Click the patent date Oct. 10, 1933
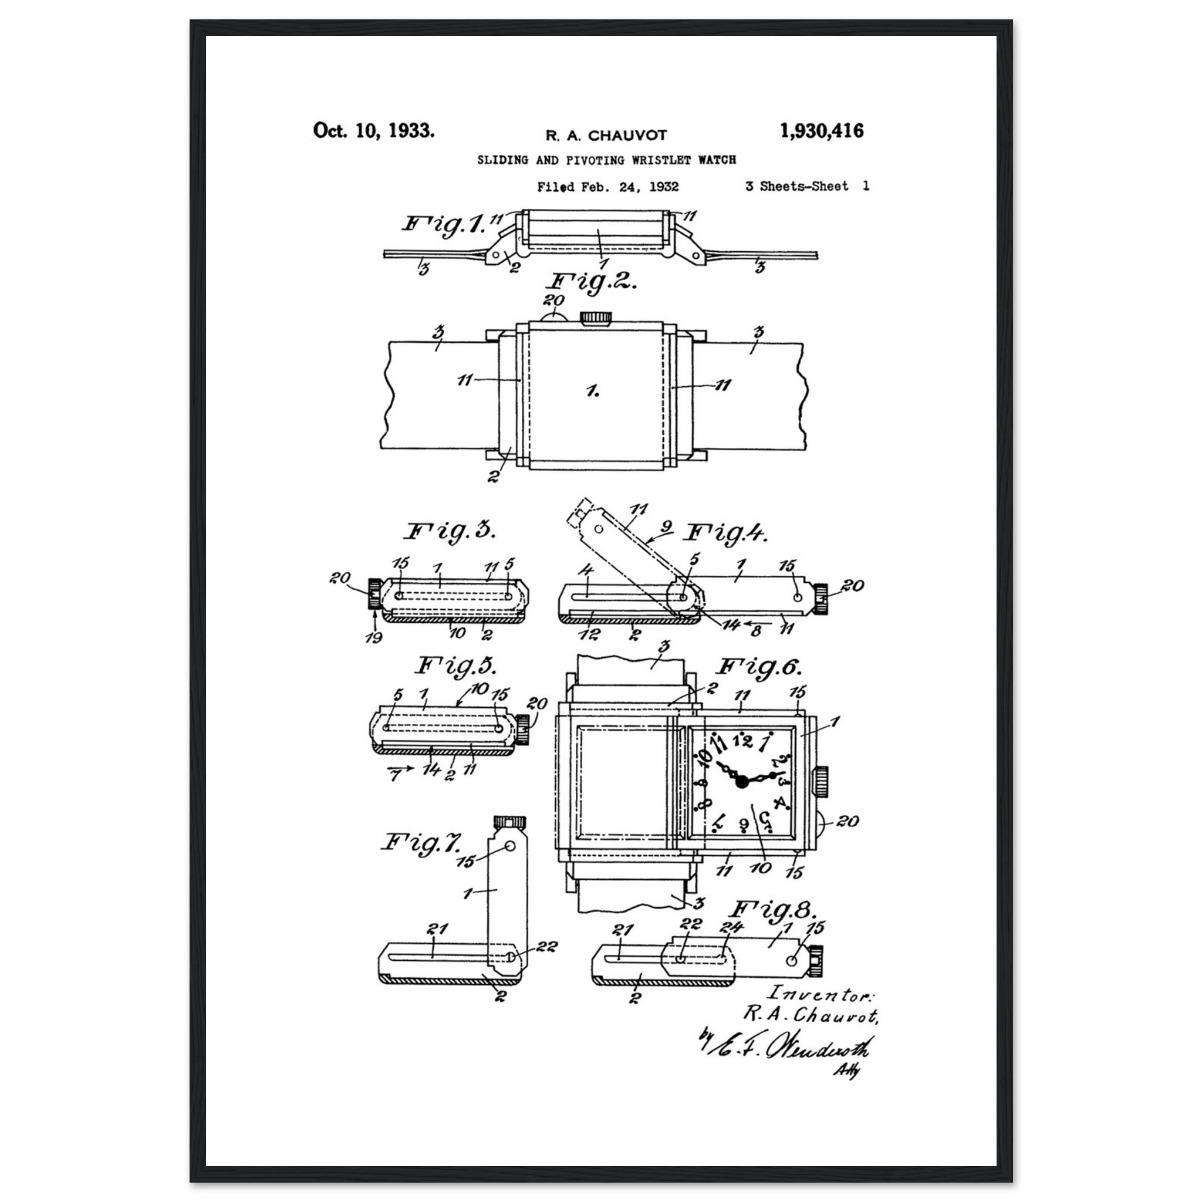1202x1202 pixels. (373, 131)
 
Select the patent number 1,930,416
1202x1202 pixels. (821, 131)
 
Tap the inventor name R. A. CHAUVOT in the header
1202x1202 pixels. (606, 135)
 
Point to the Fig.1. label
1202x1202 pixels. (443, 224)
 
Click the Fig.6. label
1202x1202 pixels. (759, 667)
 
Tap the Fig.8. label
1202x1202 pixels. (771, 910)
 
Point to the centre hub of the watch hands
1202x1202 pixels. (742, 782)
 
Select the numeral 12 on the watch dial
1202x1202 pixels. (742, 740)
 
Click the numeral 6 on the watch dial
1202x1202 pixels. (744, 825)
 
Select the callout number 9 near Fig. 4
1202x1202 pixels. (666, 527)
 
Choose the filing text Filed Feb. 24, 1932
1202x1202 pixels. (608, 187)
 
